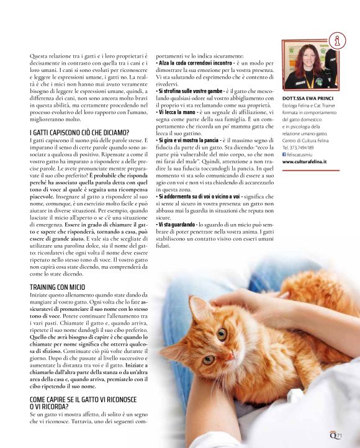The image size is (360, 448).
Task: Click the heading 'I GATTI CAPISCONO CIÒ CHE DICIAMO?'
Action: (x=79, y=133)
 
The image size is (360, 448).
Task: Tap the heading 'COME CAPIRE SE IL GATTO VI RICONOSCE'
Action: (x=83, y=400)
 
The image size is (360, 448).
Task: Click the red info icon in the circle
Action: (x=337, y=42)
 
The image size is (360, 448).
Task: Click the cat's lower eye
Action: (x=208, y=359)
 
